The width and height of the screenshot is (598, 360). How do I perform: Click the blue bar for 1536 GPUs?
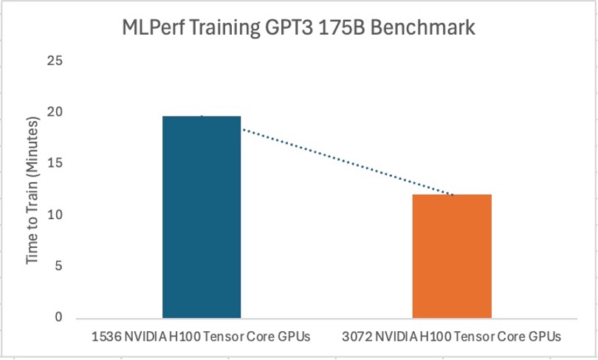(x=202, y=218)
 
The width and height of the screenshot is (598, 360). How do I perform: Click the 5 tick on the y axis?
(x=58, y=267)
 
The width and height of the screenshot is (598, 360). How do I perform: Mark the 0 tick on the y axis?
(x=58, y=318)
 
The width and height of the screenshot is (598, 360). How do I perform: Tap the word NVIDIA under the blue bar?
(x=140, y=336)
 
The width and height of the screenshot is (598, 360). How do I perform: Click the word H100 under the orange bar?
(x=422, y=336)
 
